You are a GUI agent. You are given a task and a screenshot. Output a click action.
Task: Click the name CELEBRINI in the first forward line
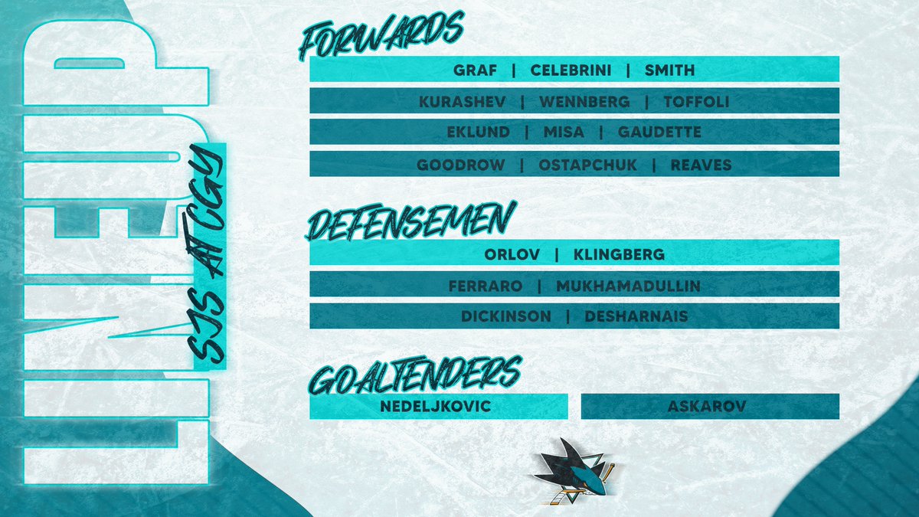pos(568,70)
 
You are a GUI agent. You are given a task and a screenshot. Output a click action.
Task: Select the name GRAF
pos(475,70)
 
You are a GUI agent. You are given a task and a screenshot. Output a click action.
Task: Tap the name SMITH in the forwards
pos(669,70)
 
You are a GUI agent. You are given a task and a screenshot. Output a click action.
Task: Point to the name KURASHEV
pos(462,101)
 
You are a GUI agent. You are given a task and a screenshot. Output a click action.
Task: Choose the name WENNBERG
pos(584,101)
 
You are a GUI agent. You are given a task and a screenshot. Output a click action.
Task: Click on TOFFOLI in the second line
pos(696,101)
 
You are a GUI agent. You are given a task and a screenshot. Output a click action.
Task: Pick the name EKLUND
pos(478,132)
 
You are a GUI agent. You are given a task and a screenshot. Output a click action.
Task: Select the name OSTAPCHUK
pos(587,165)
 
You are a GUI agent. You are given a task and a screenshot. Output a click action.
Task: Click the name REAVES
pos(701,165)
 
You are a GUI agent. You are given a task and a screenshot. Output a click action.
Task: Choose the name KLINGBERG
pos(619,254)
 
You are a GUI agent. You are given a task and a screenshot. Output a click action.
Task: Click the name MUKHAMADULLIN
pos(616,286)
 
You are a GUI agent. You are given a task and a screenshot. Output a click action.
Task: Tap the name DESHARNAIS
pos(636,316)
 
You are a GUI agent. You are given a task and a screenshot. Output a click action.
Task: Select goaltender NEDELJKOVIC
pos(435,406)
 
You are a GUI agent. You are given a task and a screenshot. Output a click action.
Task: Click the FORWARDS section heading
pos(381,36)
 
